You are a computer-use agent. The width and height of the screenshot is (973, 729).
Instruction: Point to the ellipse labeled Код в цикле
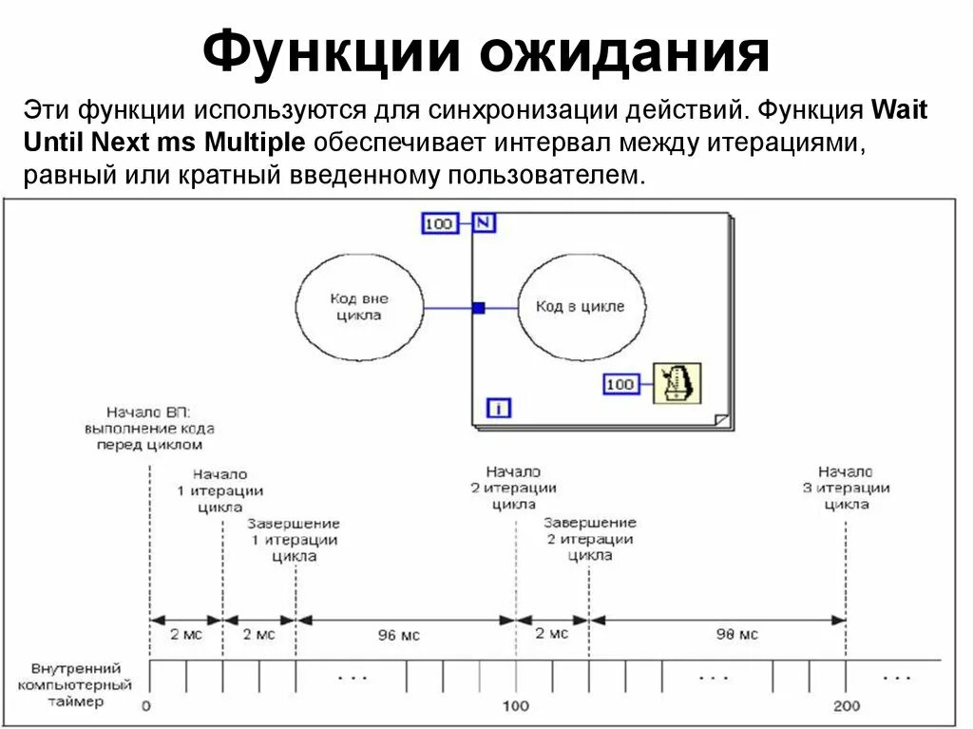click(580, 306)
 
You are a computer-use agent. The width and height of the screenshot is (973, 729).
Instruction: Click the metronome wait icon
click(677, 383)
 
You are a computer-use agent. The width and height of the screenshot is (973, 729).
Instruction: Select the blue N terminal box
click(484, 223)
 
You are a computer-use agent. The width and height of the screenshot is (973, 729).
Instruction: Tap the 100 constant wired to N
click(439, 223)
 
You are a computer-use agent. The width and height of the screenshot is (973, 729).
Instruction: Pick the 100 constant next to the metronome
click(620, 384)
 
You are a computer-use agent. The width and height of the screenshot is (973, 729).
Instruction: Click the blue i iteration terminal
click(499, 408)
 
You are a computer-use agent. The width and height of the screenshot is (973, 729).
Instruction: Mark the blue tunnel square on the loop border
click(478, 307)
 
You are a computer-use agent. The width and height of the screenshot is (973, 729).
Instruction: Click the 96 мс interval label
click(398, 635)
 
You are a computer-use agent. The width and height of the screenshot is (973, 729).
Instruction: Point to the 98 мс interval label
click(737, 634)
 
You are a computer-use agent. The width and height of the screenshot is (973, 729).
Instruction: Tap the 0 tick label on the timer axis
click(146, 706)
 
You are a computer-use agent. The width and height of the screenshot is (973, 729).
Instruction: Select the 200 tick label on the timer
click(846, 706)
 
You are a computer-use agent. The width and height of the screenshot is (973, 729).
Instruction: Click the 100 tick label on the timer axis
click(516, 706)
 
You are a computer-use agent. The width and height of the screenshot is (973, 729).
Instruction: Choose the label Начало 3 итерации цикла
click(846, 488)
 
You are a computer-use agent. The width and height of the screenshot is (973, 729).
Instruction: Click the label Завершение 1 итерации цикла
click(295, 540)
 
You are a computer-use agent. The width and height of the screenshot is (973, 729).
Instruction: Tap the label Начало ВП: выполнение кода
click(149, 428)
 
